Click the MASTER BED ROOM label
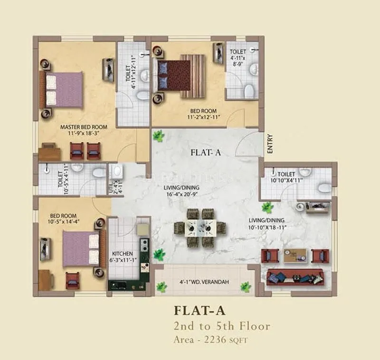84,127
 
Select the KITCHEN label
123,253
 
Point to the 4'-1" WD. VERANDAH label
205,282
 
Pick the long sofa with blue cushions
295,277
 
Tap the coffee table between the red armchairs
294,256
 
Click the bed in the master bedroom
64,89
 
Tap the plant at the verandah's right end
246,287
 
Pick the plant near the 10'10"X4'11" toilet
267,207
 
